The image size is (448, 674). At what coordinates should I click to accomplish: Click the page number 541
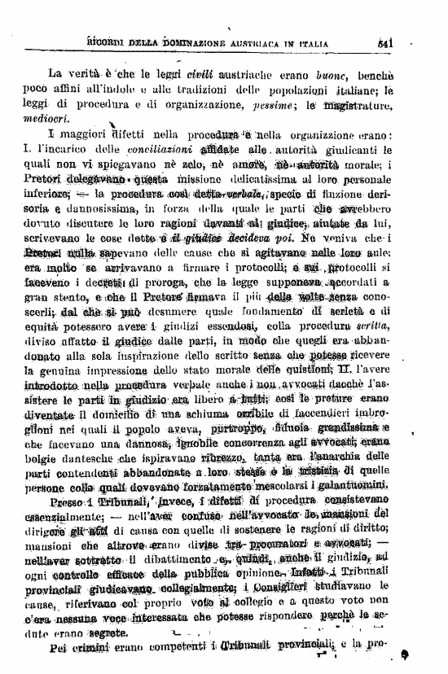[385, 43]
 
